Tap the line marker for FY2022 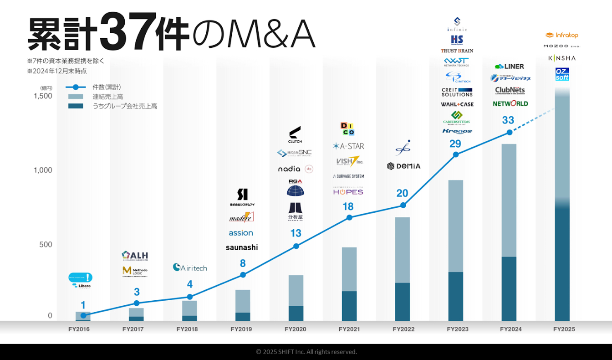click(403, 206)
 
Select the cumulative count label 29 click(455, 144)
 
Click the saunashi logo click(242, 247)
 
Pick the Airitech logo click(190, 267)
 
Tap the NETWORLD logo click(510, 103)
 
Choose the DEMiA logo click(403, 166)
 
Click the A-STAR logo click(348, 146)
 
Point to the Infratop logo click(561, 35)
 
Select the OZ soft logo click(562, 74)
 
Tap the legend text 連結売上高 click(108, 97)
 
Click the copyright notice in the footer click(306, 352)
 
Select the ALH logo click(135, 256)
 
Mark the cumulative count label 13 click(296, 233)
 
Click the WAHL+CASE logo click(457, 104)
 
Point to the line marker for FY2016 click(83, 315)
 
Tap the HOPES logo click(348, 192)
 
